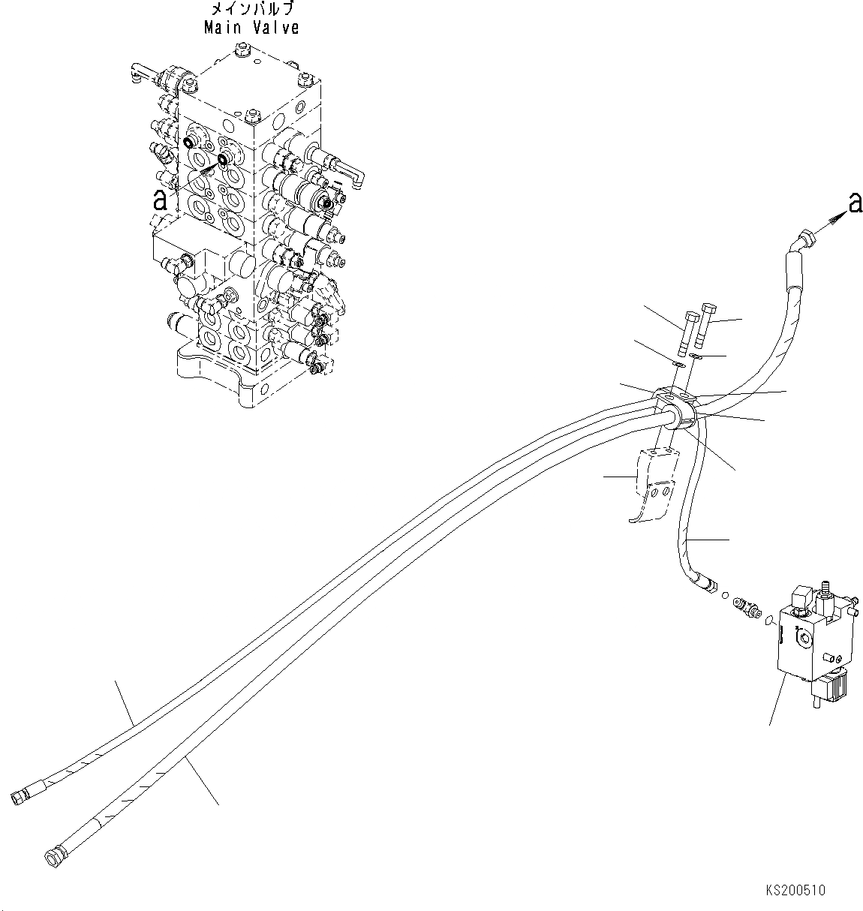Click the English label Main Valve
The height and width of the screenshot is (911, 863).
(x=251, y=29)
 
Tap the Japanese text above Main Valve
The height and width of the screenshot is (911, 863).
(x=251, y=10)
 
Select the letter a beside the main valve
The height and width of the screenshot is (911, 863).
(x=159, y=199)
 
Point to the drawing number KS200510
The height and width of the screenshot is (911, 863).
(x=795, y=891)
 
